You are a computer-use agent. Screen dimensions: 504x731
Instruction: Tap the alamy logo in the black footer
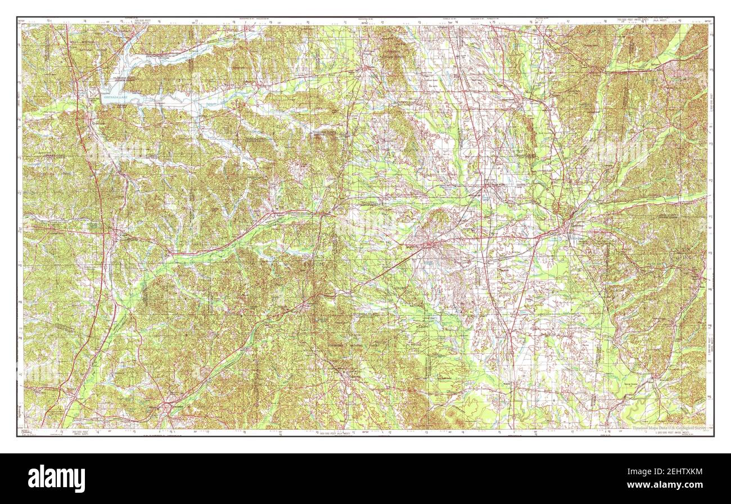tap(57, 479)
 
